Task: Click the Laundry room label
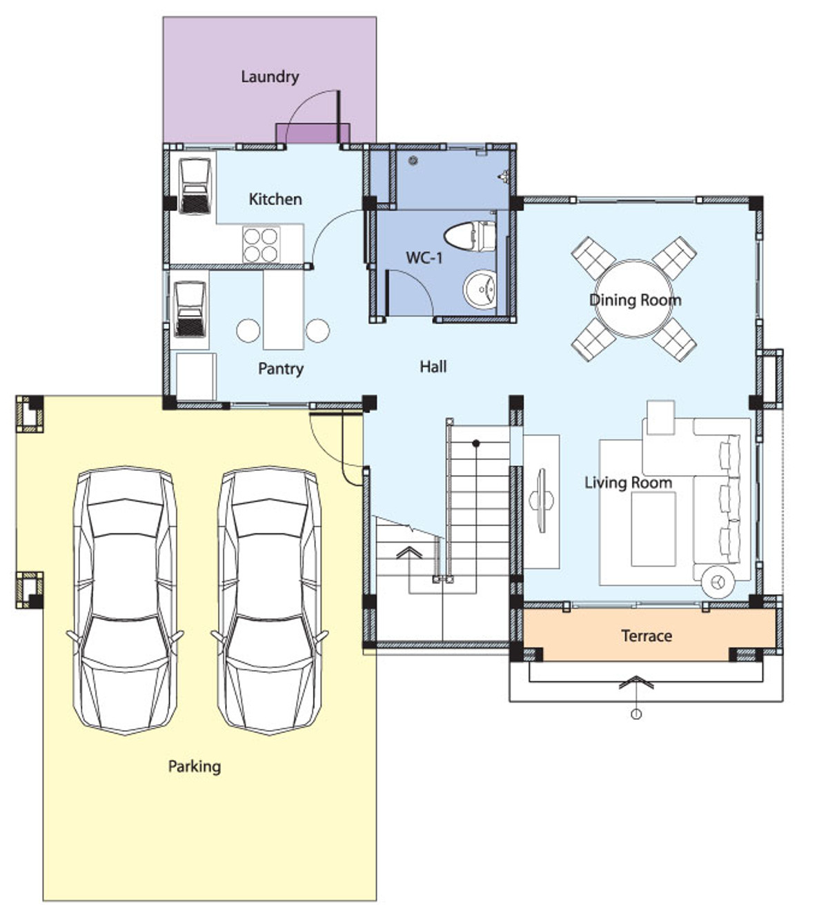tap(270, 77)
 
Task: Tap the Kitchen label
tap(275, 199)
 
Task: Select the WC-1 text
tap(424, 258)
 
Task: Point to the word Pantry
tap(281, 369)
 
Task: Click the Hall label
tap(433, 366)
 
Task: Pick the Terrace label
tap(647, 635)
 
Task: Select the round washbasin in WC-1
tap(480, 289)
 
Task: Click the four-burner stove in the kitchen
tap(261, 245)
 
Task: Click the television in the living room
tap(542, 501)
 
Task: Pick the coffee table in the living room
tap(653, 529)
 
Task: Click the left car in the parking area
tap(125, 601)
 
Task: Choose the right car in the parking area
tap(269, 601)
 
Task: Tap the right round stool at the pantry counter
tap(317, 331)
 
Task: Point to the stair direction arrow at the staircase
tap(409, 552)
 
